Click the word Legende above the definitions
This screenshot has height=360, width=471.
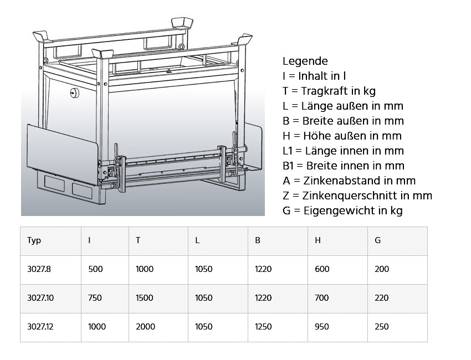click(305, 61)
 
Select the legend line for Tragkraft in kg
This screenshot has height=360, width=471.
click(329, 91)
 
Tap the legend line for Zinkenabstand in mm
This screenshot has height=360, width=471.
click(349, 181)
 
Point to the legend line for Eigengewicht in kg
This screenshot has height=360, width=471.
click(342, 210)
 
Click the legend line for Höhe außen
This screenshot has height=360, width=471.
click(342, 136)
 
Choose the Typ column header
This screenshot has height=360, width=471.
click(34, 240)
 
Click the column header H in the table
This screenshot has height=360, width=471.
click(318, 240)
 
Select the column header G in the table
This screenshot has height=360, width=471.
click(377, 240)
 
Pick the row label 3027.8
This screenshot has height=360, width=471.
click(39, 269)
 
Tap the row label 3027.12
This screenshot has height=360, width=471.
click(40, 327)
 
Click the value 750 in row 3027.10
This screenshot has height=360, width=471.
click(95, 298)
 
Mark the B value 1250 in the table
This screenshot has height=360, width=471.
click(263, 327)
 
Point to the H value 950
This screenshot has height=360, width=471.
click(321, 327)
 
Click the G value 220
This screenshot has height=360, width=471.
click(382, 298)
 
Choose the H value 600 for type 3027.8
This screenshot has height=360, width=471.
click(321, 269)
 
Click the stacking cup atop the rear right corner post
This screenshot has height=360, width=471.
click(183, 23)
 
